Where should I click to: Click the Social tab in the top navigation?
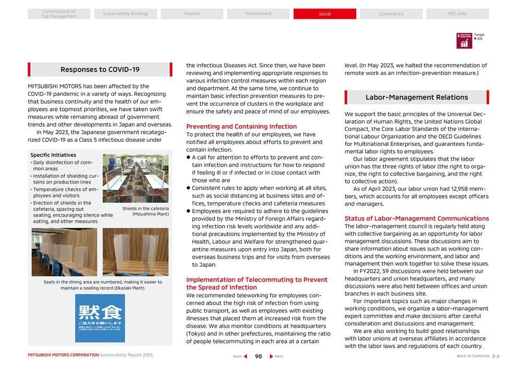click(x=324, y=14)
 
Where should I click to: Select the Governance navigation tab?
click(x=391, y=14)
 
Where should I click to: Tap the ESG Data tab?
click(x=457, y=14)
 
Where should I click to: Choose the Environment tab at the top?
click(x=258, y=14)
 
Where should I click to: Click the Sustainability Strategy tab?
click(x=125, y=14)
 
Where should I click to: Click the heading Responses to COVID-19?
click(x=100, y=69)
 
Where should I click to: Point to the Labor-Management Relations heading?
click(x=416, y=98)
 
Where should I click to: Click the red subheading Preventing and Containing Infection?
click(x=241, y=127)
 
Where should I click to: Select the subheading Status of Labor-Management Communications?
click(x=416, y=218)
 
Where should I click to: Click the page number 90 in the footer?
click(x=258, y=356)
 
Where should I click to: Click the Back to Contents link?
click(x=473, y=356)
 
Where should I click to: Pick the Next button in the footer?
click(x=277, y=356)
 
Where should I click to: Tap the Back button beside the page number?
click(x=239, y=356)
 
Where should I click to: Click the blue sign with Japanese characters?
click(x=100, y=318)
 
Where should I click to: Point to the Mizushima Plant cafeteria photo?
click(x=135, y=178)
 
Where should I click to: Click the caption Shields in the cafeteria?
click(x=145, y=209)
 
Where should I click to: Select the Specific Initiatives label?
click(x=53, y=155)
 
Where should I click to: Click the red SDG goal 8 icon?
click(x=464, y=41)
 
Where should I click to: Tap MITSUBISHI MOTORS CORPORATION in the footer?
click(x=63, y=355)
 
